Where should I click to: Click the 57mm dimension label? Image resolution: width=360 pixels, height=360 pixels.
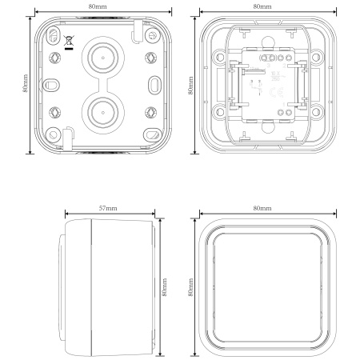tap(108, 207)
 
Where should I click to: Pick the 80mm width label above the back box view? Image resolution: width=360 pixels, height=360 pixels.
tap(101, 6)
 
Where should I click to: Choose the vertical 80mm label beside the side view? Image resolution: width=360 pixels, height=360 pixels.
tap(165, 286)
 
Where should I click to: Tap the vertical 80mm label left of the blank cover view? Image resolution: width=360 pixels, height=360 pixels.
tap(191, 286)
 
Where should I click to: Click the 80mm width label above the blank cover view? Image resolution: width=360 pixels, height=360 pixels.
tap(260, 207)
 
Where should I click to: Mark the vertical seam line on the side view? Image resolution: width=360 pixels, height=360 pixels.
tap(93, 286)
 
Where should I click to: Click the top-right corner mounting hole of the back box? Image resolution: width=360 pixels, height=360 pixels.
tap(152, 36)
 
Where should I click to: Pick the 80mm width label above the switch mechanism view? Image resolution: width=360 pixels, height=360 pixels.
tap(261, 6)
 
